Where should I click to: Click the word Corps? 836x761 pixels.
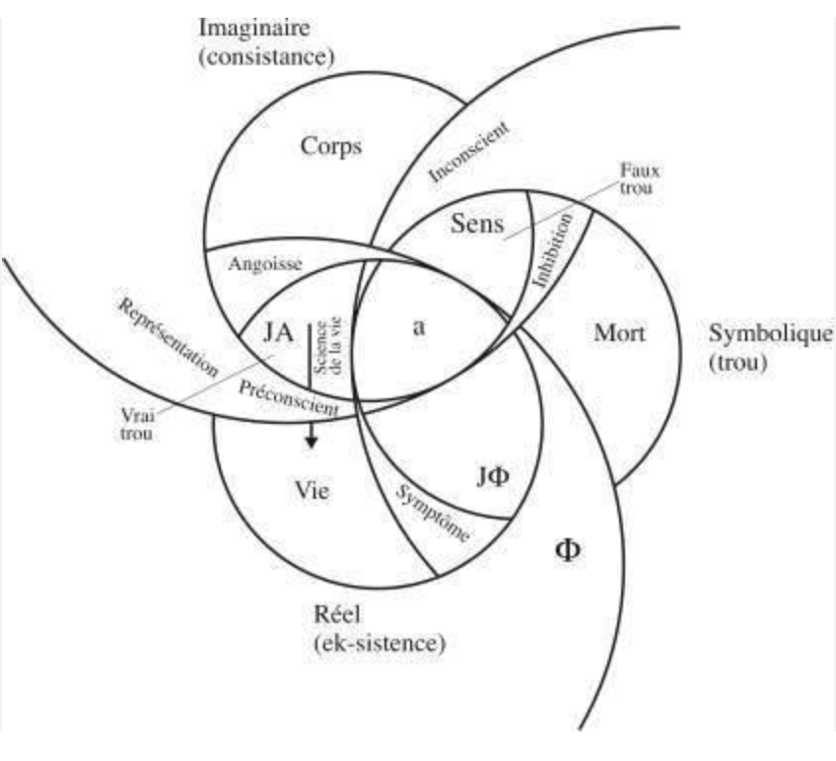331,147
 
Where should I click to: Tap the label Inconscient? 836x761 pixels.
468,155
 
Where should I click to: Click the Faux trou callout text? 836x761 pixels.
640,177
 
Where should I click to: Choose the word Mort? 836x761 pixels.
619,333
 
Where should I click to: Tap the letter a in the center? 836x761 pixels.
418,331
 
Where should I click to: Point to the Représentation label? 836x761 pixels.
169,334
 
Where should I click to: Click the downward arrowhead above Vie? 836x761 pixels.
311,441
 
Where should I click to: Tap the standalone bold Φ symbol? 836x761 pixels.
569,549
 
